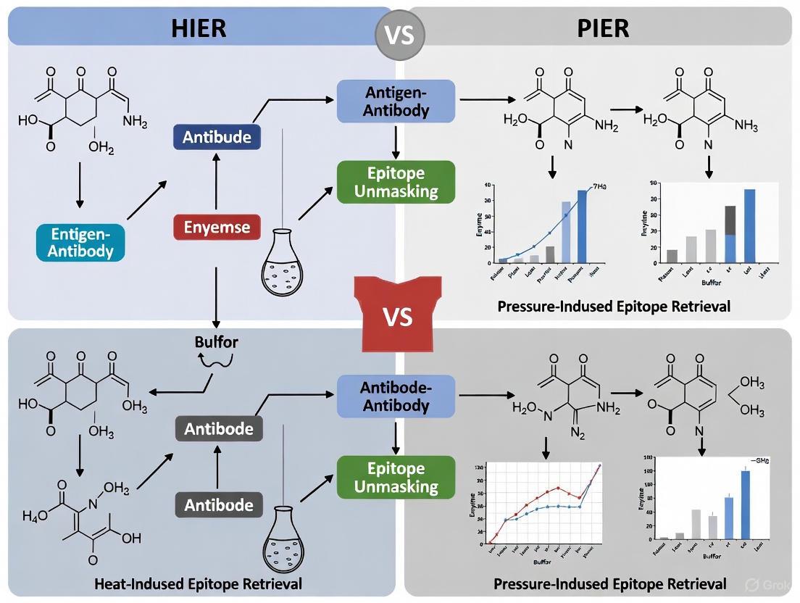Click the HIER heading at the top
(x=199, y=28)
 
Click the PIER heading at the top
(x=602, y=28)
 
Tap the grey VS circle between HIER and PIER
(x=400, y=33)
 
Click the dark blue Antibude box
(x=217, y=137)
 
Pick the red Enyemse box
(x=217, y=228)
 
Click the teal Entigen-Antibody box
(x=80, y=242)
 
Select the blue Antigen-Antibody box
(x=396, y=101)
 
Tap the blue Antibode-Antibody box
(x=396, y=396)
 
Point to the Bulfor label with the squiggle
(x=216, y=342)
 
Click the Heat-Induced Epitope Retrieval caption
(x=198, y=584)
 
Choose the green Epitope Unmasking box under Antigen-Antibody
(x=396, y=182)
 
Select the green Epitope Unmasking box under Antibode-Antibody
(x=396, y=477)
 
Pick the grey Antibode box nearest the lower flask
(x=218, y=504)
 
